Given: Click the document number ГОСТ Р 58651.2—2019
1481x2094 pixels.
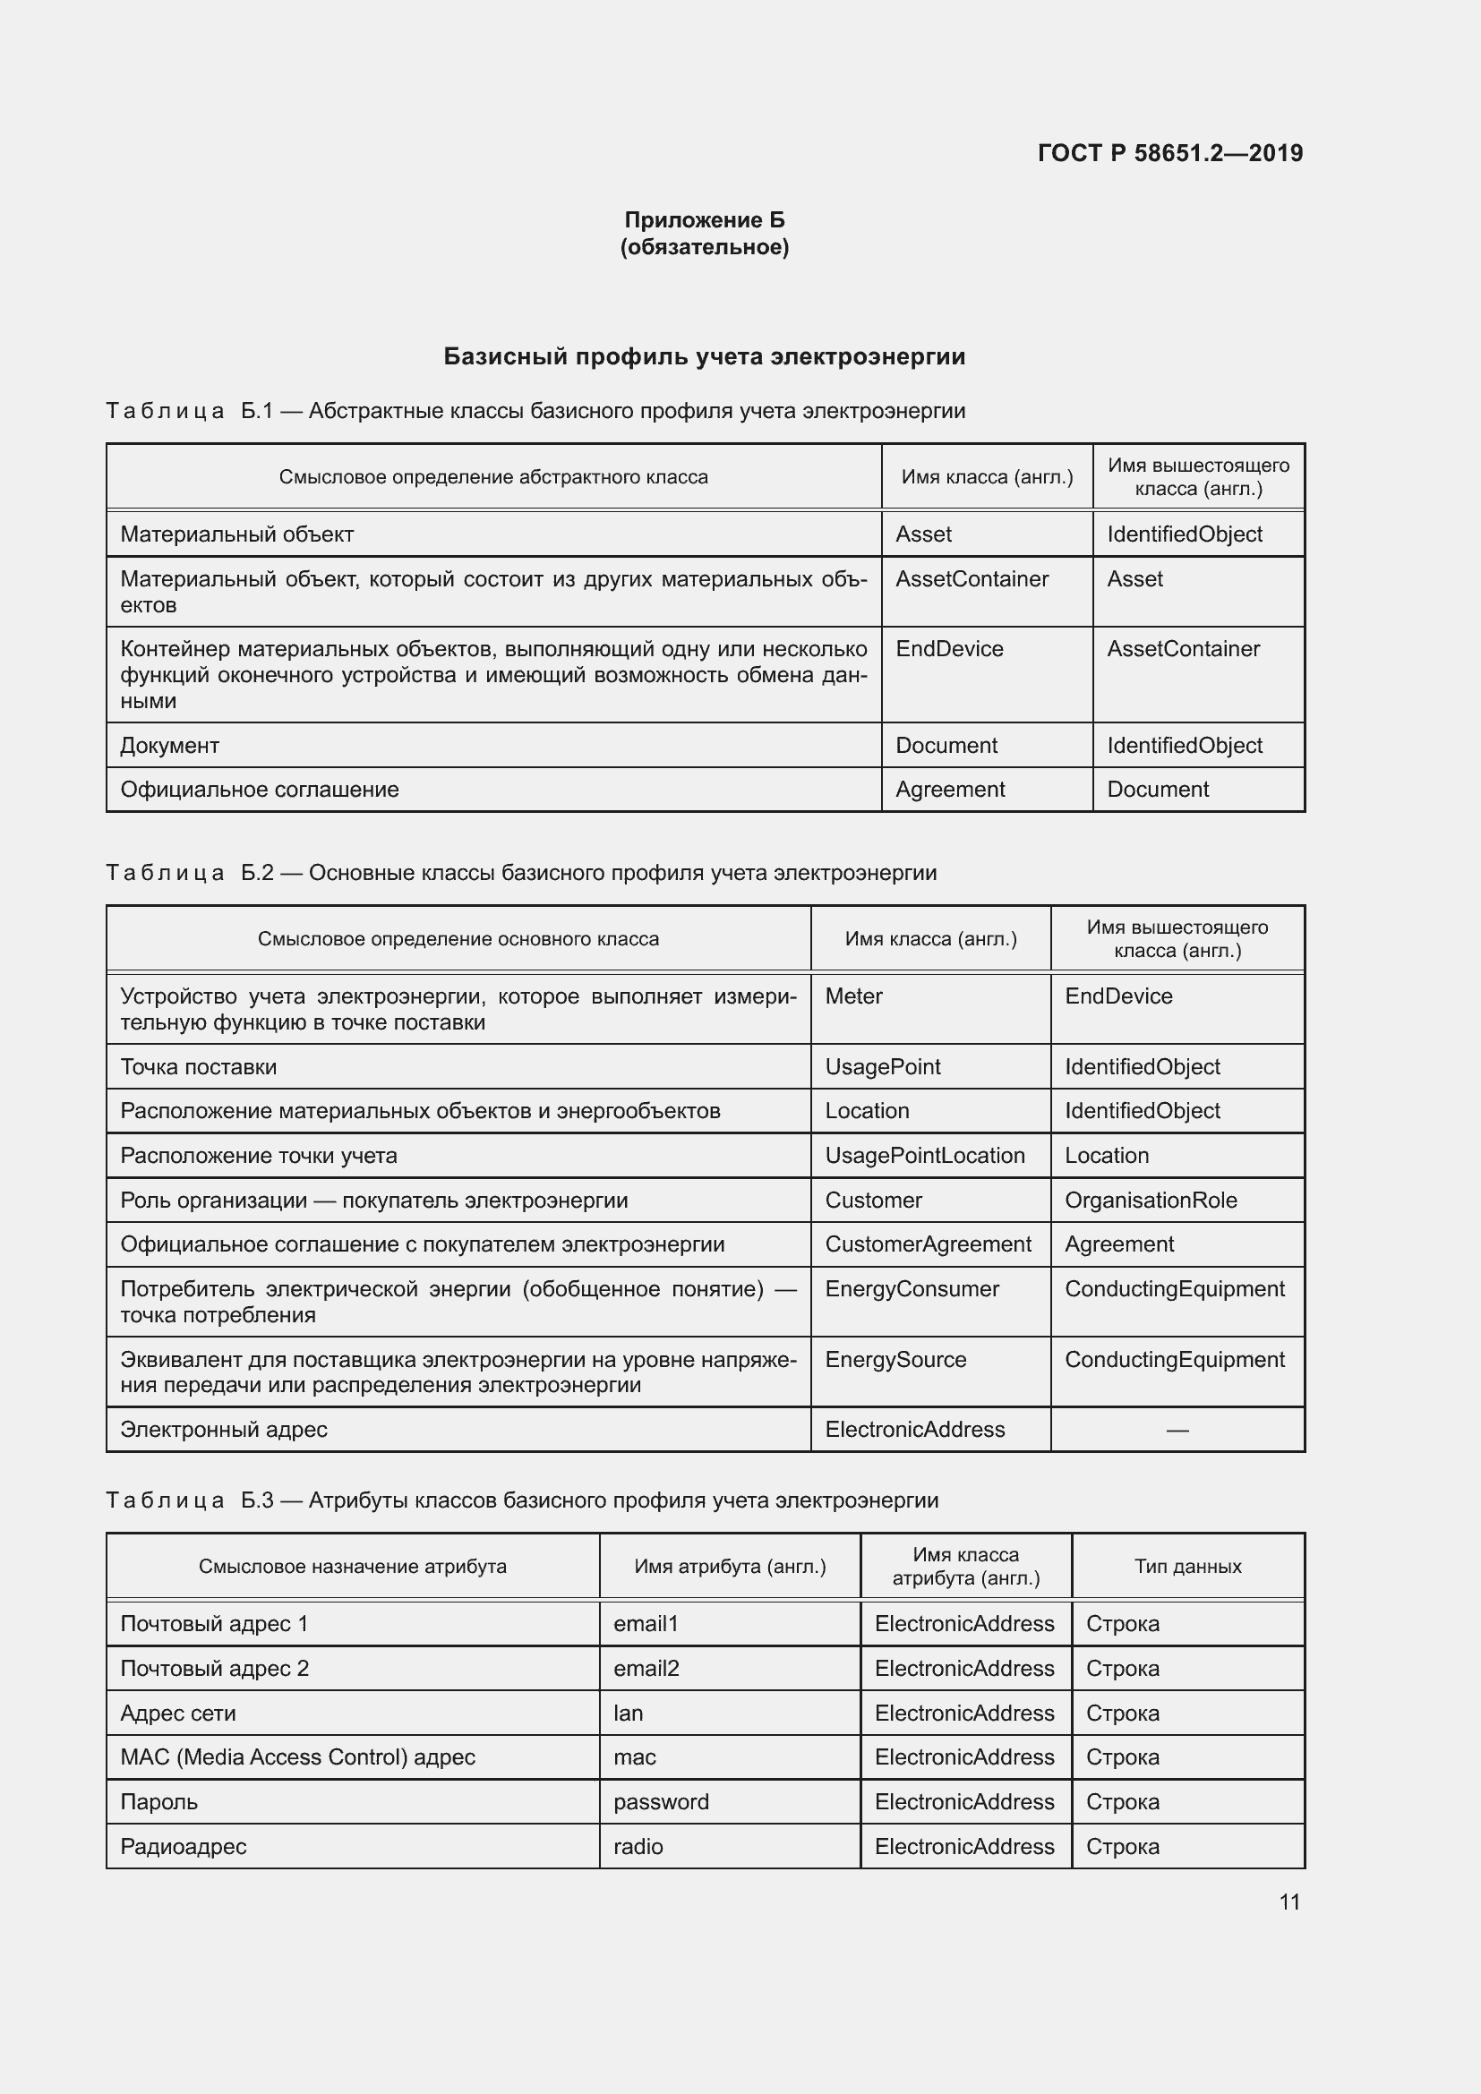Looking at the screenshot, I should [x=1169, y=153].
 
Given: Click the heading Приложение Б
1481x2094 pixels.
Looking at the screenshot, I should [x=704, y=220].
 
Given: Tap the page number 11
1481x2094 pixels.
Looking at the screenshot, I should [x=1288, y=1902].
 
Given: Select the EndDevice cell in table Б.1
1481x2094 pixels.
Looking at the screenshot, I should [x=949, y=648].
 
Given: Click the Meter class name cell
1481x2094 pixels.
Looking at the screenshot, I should [x=853, y=996].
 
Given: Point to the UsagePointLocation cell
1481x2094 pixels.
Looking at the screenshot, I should [x=925, y=1156].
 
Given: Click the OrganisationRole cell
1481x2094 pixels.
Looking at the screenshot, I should [x=1151, y=1201].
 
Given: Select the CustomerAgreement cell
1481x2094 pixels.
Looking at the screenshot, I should [x=929, y=1244].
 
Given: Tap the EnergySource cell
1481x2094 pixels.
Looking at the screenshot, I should [x=895, y=1359].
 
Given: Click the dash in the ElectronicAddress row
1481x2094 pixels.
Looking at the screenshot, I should [x=1177, y=1430].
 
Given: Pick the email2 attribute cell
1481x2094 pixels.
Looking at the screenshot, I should [x=646, y=1668].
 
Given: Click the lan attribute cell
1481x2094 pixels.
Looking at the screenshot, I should [x=629, y=1713].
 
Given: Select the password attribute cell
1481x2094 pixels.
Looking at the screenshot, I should [x=661, y=1801].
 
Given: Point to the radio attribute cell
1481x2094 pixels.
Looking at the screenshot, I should [x=638, y=1846].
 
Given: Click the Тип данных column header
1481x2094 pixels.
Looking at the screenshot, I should [x=1187, y=1566].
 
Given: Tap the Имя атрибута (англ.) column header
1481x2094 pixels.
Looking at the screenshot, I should [x=730, y=1566].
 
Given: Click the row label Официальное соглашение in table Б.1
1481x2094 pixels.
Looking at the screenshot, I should [x=260, y=789].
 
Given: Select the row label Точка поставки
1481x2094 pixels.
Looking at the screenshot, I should [x=199, y=1067].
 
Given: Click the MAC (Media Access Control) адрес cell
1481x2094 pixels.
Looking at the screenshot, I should [x=298, y=1756].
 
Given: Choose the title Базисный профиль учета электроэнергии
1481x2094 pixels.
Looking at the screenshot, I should [x=704, y=356].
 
